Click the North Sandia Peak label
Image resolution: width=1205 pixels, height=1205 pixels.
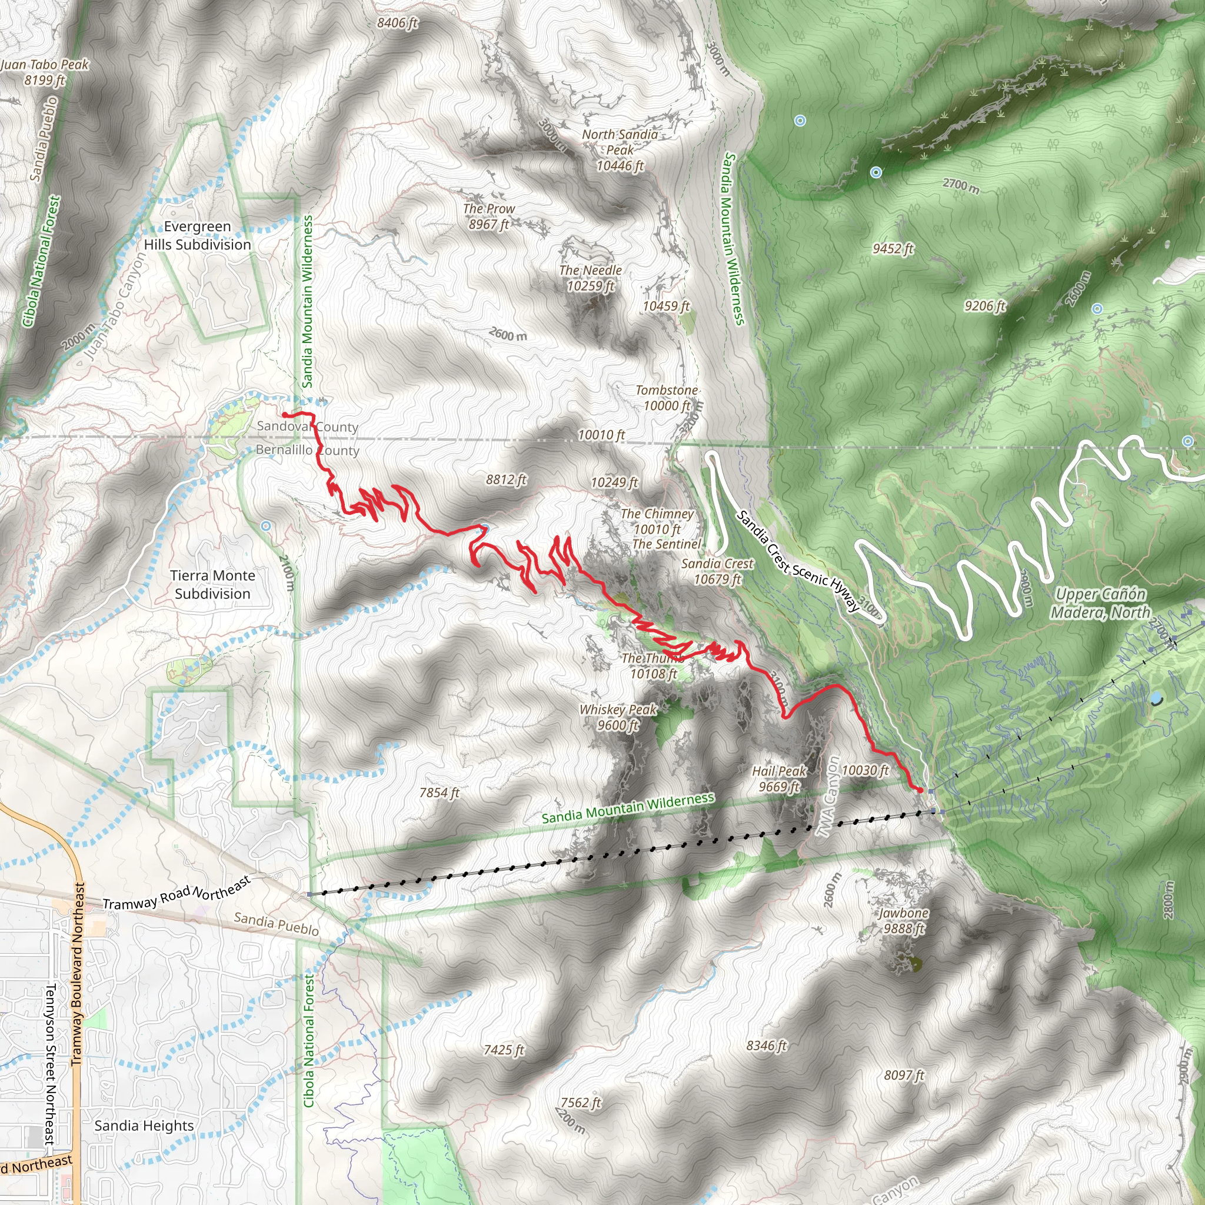620,149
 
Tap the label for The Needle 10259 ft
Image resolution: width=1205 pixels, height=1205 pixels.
590,278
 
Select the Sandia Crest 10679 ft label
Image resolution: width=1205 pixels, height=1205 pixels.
717,571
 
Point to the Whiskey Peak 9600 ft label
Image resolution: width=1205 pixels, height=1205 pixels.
617,717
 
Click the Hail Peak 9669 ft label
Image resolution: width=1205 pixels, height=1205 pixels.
779,779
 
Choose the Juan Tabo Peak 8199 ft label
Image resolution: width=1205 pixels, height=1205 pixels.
45,72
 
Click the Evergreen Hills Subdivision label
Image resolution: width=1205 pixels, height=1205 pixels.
197,236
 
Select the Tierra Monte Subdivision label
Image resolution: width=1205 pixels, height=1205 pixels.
212,584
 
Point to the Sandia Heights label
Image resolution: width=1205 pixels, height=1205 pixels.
144,1126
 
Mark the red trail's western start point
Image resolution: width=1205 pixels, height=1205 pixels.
284,414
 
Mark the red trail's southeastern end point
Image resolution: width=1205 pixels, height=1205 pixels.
920,791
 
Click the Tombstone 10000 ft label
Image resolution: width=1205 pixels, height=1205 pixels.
666,398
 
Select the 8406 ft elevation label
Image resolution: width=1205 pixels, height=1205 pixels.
397,23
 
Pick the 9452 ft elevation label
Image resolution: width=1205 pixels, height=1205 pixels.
893,249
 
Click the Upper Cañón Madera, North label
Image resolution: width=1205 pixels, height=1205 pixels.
1100,603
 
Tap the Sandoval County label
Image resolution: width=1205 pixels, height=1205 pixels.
308,427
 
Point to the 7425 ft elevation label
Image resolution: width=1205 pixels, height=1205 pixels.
503,1050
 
